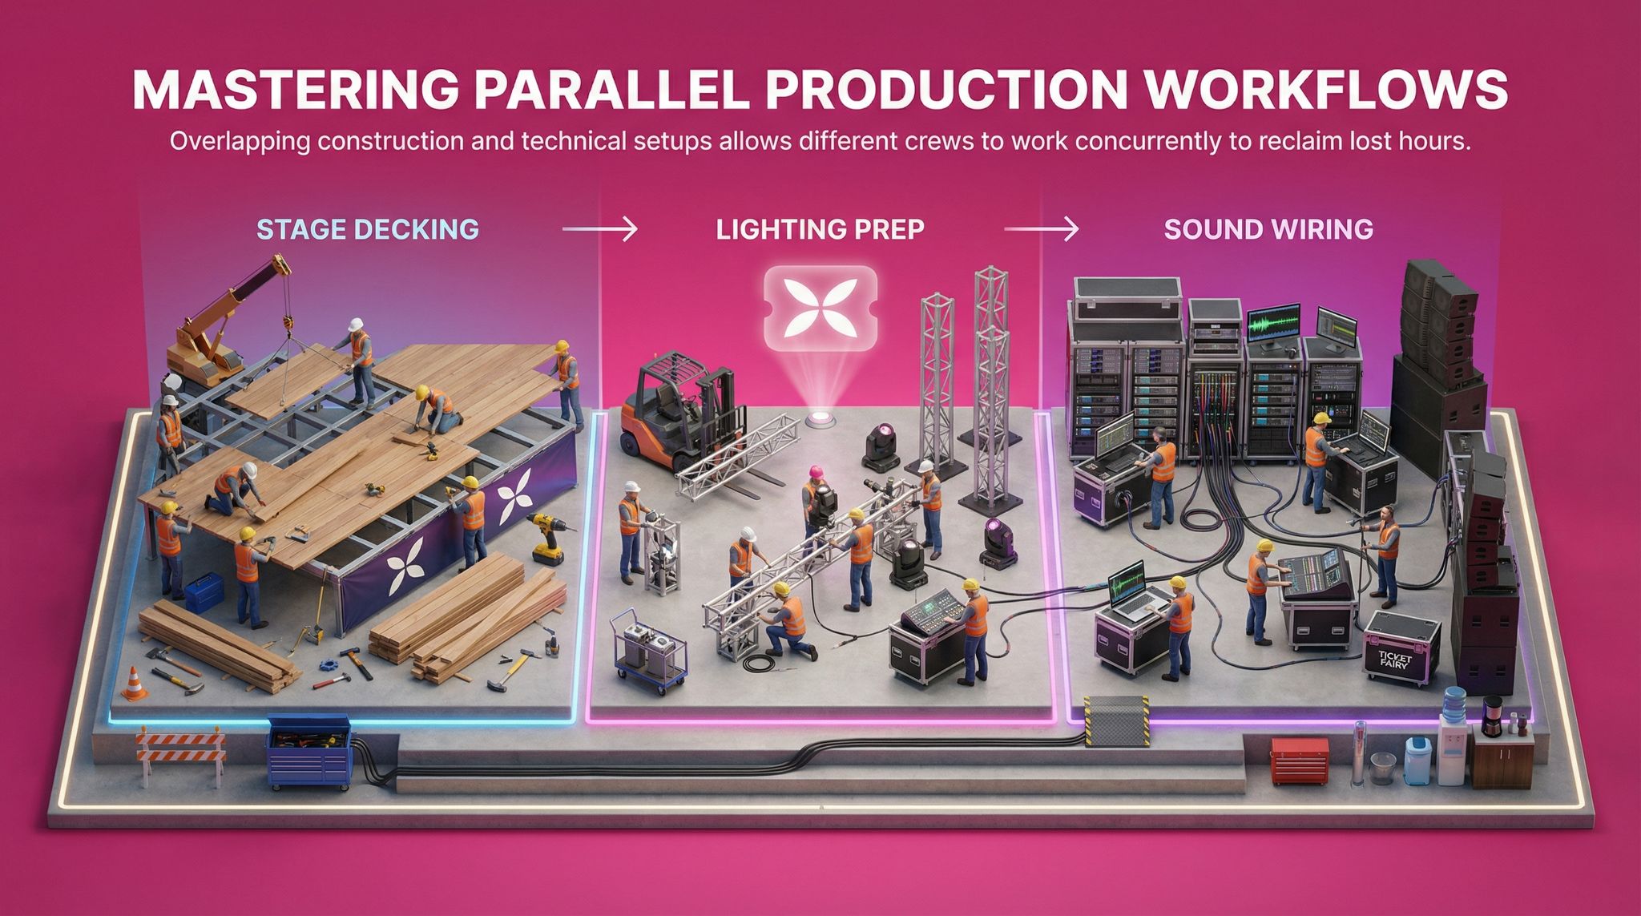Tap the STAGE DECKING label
click(x=368, y=229)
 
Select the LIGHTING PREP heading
click(x=820, y=229)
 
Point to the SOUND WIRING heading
click(x=1268, y=229)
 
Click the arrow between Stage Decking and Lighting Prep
click(x=599, y=230)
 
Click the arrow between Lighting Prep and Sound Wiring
click(x=1041, y=230)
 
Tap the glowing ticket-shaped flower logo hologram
click(x=820, y=309)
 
